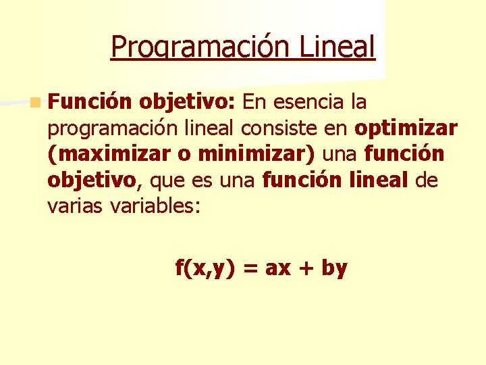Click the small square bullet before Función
pyautogui.click(x=34, y=103)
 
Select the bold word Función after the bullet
pyautogui.click(x=90, y=103)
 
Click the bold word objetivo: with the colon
pyautogui.click(x=188, y=103)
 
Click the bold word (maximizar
pyautogui.click(x=108, y=154)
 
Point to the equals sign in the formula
pyautogui.click(x=250, y=269)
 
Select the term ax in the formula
pyautogui.click(x=279, y=269)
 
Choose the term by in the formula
pyautogui.click(x=334, y=269)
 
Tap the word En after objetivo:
pyautogui.click(x=255, y=103)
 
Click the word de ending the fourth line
pyautogui.click(x=427, y=180)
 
